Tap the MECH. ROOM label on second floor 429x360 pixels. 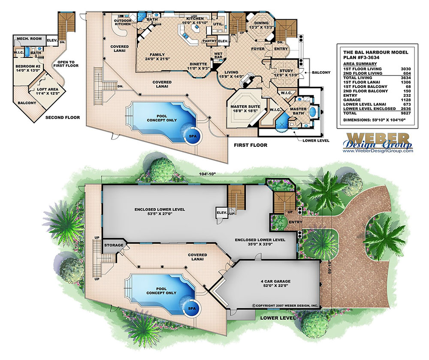click(29, 39)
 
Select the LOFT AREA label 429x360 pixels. click(39, 92)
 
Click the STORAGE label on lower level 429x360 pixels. click(114, 245)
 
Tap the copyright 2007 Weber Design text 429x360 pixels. click(285, 306)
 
